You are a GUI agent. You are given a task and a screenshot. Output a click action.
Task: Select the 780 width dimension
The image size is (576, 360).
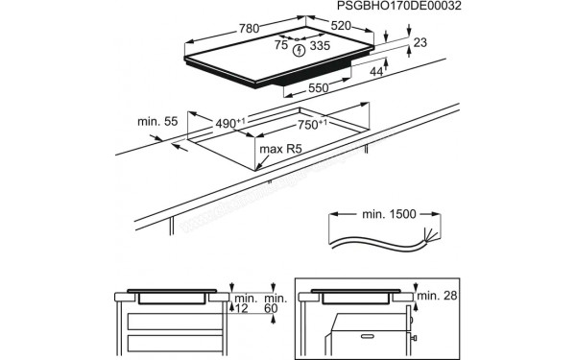(249, 30)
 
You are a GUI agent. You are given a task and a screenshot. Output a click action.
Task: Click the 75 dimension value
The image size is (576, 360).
(280, 45)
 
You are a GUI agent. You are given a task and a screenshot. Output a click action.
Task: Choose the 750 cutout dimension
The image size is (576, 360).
(311, 125)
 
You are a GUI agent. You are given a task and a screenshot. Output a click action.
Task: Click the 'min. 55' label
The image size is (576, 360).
(156, 123)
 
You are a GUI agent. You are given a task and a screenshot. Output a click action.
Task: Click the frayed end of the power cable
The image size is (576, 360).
(430, 240)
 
